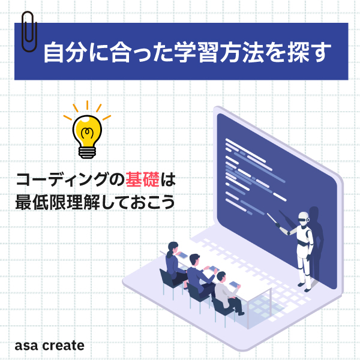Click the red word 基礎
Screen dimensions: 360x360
(143, 179)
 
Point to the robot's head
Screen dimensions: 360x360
(303, 218)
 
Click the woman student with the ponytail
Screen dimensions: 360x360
(175, 263)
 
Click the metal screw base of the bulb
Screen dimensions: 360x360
(87, 152)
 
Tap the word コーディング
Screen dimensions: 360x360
(62, 180)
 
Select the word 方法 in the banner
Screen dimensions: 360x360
(241, 52)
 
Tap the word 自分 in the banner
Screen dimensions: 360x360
(65, 52)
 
